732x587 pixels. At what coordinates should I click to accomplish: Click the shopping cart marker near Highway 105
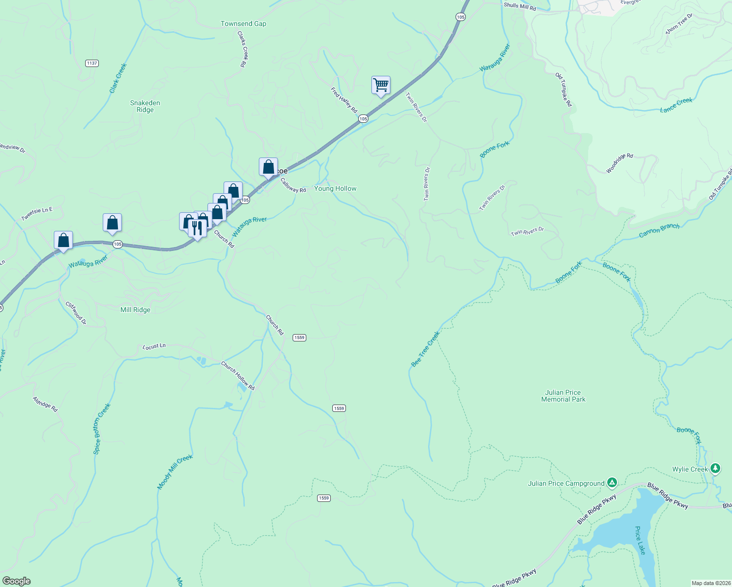381,85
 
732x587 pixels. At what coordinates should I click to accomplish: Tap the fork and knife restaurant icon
197,228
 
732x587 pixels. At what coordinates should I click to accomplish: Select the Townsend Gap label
243,23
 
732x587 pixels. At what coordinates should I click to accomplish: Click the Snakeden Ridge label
145,106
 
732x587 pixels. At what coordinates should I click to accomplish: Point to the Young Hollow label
335,188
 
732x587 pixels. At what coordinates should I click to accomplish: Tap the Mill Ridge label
136,310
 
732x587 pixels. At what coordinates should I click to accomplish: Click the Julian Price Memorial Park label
563,396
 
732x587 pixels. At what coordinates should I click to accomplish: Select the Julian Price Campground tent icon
612,483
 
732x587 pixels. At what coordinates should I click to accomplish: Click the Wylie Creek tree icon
715,469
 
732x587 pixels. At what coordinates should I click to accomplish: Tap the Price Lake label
640,541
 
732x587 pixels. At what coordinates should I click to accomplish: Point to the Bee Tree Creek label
425,349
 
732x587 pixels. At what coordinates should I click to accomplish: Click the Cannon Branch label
659,230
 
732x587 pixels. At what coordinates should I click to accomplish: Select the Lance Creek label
676,105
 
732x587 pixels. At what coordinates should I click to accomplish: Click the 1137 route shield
91,63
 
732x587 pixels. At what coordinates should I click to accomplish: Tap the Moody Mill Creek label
175,472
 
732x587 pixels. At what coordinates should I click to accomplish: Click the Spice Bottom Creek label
102,429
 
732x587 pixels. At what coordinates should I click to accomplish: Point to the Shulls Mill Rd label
520,6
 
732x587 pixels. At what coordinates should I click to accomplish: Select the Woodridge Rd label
619,163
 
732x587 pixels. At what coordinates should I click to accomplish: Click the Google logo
17,581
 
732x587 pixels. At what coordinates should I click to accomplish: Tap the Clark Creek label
118,78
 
